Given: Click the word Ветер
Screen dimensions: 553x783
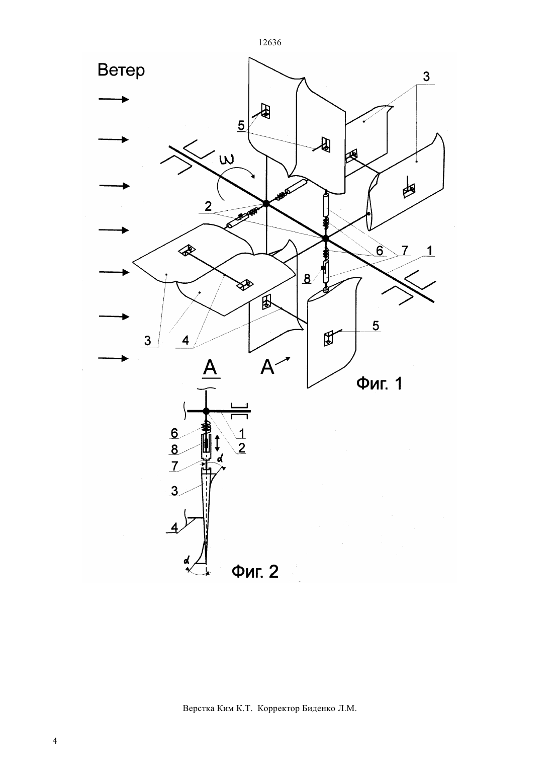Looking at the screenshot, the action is click(x=121, y=70).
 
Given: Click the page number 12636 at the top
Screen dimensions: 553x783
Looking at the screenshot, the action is click(x=269, y=43).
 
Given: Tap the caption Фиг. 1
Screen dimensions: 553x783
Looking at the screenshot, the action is click(x=379, y=383).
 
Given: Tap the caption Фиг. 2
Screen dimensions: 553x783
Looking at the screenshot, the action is click(x=255, y=572).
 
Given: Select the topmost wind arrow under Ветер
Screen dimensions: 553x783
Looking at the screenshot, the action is click(x=114, y=100).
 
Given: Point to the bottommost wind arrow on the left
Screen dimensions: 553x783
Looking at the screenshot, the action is click(x=114, y=358).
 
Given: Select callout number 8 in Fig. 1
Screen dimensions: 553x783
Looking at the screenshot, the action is click(x=307, y=279).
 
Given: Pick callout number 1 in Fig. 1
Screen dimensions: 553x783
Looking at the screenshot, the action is click(x=429, y=251).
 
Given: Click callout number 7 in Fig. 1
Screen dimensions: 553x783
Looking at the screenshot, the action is click(x=405, y=251).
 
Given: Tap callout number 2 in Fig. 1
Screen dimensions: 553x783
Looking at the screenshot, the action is click(x=208, y=206).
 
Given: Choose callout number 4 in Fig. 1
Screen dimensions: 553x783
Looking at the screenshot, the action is click(x=186, y=340).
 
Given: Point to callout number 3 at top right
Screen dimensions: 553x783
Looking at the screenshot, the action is click(x=426, y=77).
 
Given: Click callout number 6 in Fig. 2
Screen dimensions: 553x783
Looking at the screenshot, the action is click(x=174, y=433).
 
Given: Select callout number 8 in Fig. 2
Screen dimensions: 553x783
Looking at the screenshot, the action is click(x=174, y=449).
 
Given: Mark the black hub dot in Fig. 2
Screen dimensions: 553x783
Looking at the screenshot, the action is click(x=206, y=411).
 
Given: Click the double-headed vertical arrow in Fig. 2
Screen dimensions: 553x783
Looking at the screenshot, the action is click(x=217, y=443).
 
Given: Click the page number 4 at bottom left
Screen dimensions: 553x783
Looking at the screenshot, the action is click(x=55, y=741).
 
